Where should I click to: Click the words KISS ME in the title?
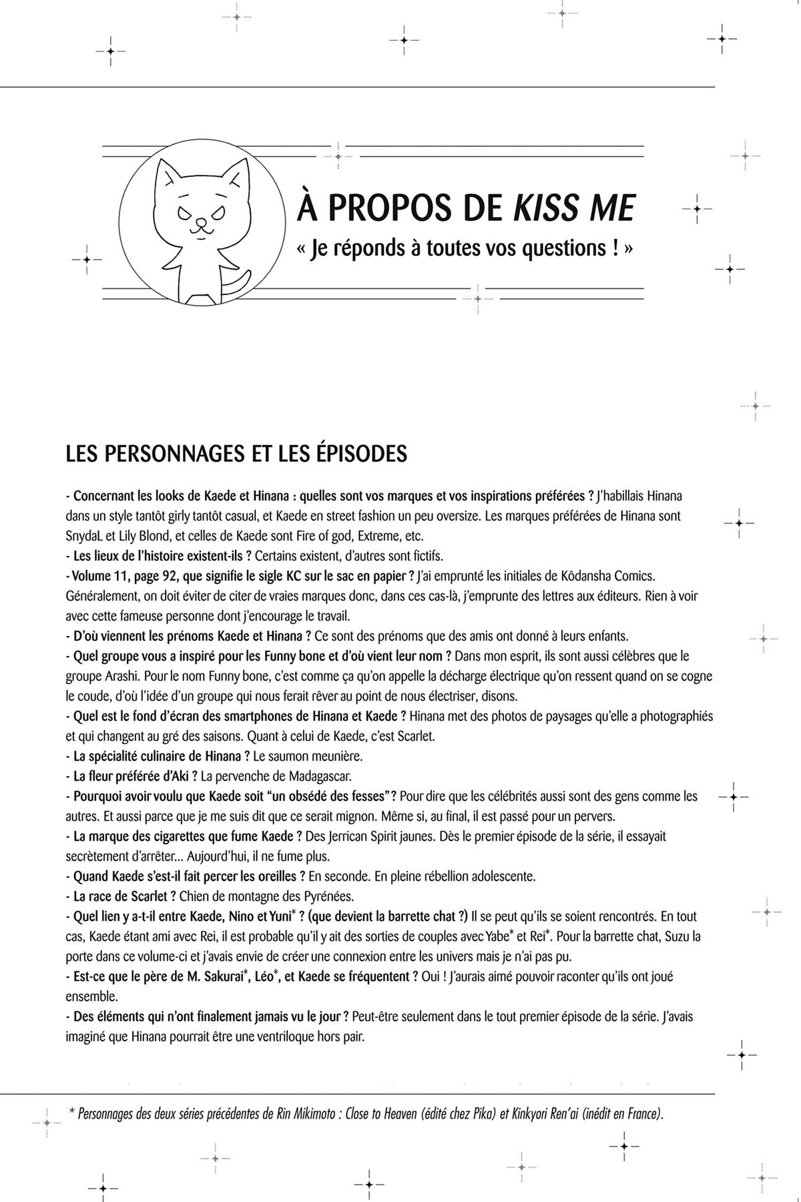point(573,208)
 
